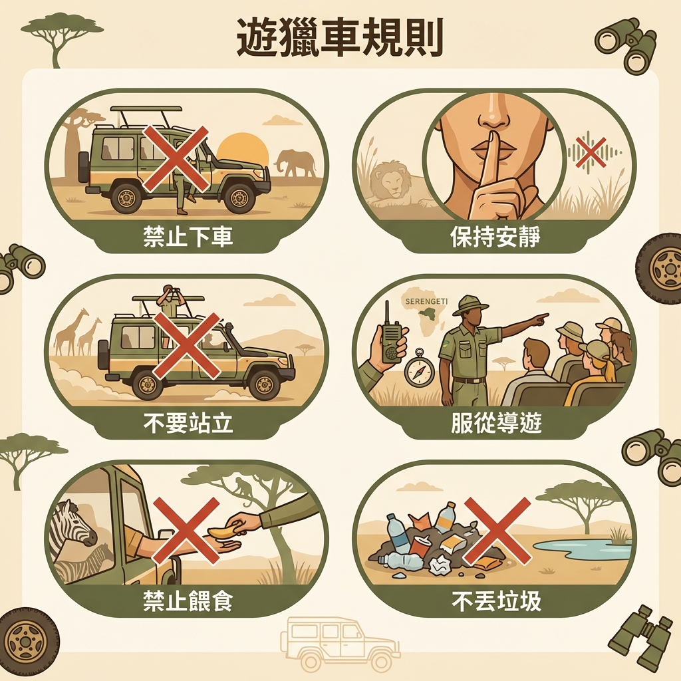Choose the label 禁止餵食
[x=188, y=602]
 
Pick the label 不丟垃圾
[x=495, y=602]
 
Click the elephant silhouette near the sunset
[x=297, y=163]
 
